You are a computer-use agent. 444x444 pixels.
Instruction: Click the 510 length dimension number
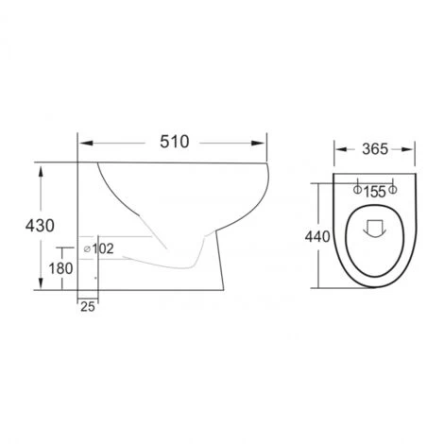coord(175,142)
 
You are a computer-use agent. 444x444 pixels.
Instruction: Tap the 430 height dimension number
coord(40,226)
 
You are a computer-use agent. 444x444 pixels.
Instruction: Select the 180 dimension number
coord(60,268)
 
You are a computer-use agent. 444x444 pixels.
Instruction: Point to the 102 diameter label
coord(103,248)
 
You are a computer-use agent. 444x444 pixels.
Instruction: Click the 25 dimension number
coord(88,307)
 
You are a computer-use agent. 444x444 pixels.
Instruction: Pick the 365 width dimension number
coord(375,149)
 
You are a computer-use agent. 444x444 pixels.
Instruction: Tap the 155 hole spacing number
coord(375,192)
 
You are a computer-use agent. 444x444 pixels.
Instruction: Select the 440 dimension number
coord(317,237)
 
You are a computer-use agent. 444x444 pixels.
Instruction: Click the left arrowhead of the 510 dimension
coord(87,144)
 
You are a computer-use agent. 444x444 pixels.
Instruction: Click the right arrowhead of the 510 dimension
coord(258,144)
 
